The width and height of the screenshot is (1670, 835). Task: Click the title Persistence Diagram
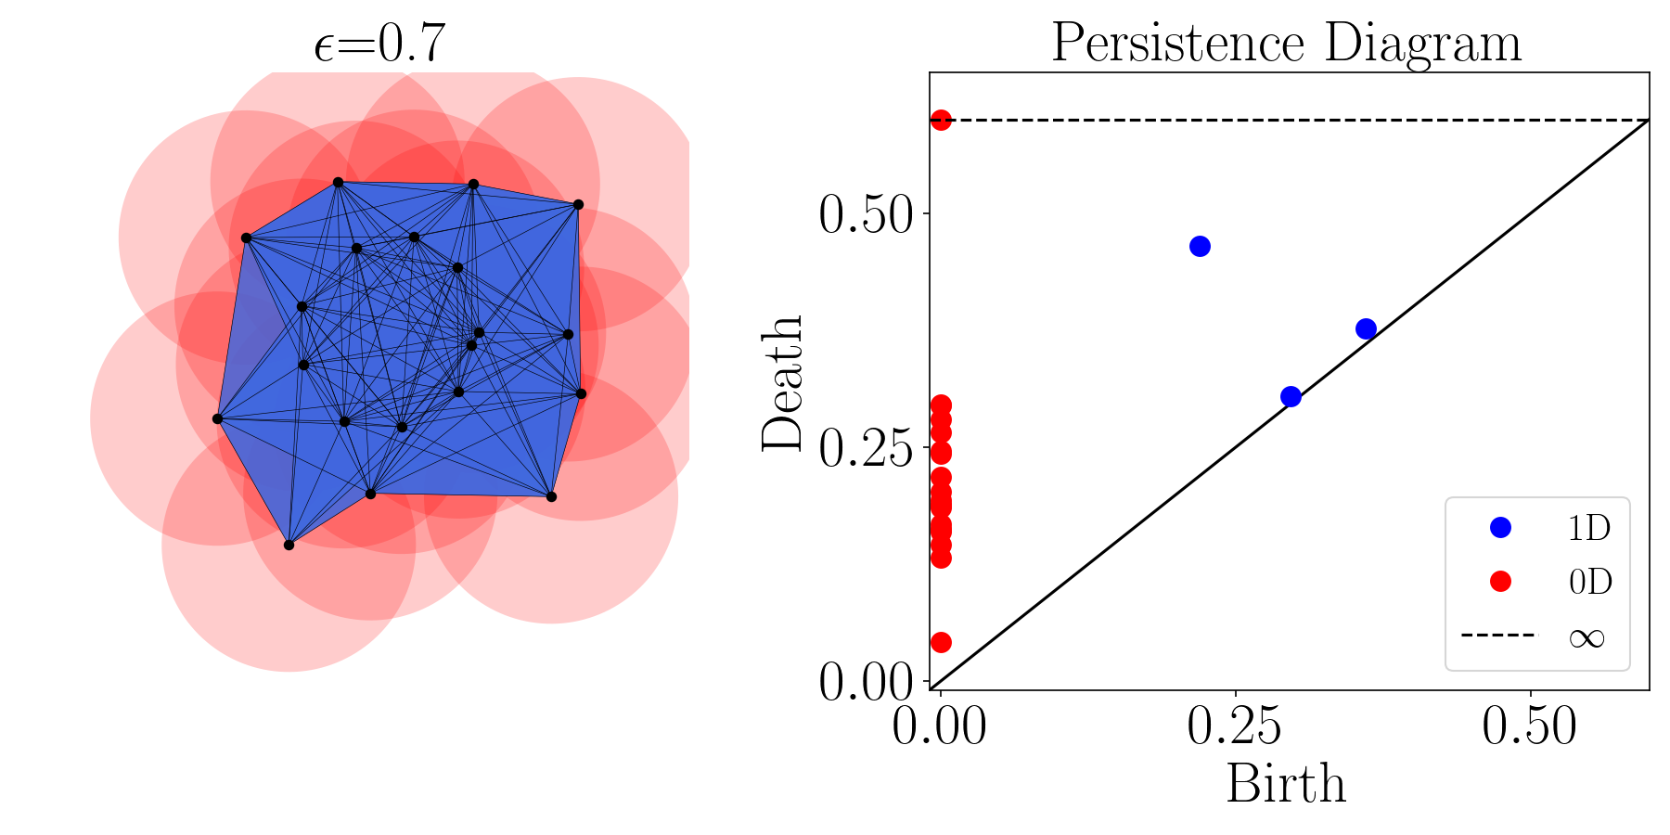1287,44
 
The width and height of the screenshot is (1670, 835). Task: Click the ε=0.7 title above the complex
379,44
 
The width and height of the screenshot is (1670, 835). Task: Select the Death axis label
782,383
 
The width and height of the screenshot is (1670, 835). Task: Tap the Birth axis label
1286,784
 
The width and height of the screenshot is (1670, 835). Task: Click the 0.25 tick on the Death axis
867,449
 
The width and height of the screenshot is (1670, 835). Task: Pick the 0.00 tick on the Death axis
867,684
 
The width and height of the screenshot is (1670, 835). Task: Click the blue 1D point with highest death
1200,247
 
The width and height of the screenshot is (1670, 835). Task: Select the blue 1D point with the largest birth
1366,329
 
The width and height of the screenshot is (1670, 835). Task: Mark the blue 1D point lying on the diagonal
1291,397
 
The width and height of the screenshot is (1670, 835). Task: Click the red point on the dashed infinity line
941,121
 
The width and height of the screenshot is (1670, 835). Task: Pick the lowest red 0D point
941,642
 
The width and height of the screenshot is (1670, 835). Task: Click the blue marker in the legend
1500,528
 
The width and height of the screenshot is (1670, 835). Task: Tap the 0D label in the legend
1590,582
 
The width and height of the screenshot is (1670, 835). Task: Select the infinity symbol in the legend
1586,636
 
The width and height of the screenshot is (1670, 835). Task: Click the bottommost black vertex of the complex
289,545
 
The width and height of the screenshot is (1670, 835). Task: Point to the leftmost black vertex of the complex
217,419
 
